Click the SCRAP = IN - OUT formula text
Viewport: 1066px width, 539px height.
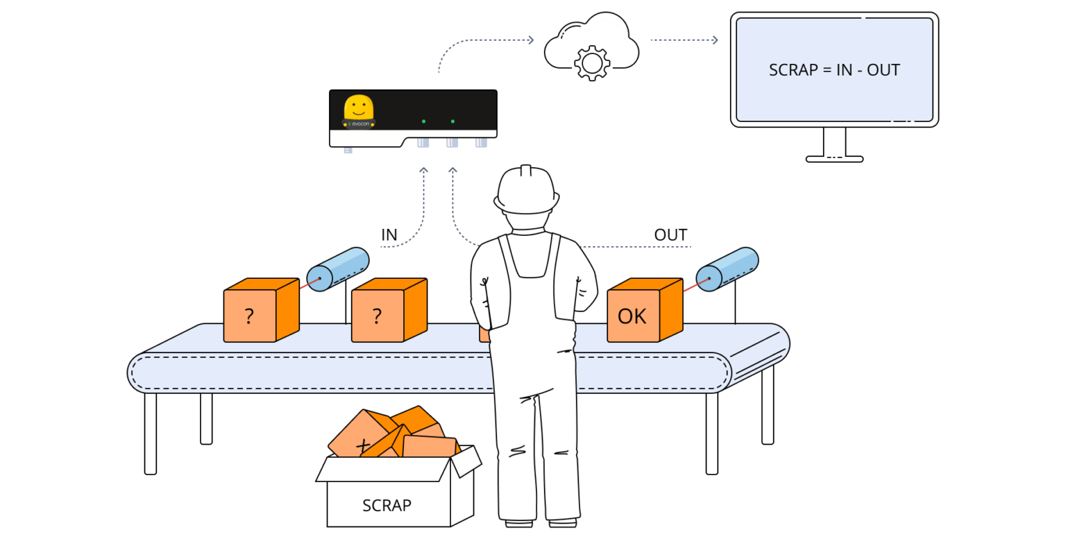click(x=834, y=70)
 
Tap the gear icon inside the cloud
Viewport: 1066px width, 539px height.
click(x=592, y=63)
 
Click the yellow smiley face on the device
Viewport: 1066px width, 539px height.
click(x=359, y=108)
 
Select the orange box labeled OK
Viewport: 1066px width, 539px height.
click(x=633, y=316)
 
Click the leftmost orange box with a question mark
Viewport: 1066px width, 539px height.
click(x=250, y=316)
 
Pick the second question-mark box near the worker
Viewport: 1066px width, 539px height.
click(x=378, y=316)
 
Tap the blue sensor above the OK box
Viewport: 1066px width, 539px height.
click(x=728, y=268)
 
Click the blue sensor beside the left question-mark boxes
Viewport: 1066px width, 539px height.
click(x=338, y=268)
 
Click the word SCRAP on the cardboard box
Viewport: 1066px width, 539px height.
click(x=387, y=505)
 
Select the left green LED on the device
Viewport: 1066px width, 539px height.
click(x=423, y=121)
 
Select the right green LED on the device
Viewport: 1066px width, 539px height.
click(x=452, y=121)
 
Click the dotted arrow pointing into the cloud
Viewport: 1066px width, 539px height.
click(x=530, y=40)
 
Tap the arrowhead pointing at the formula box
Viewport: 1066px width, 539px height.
click(x=715, y=40)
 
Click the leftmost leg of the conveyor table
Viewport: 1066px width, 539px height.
click(x=151, y=434)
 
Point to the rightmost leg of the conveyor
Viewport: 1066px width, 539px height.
click(x=767, y=406)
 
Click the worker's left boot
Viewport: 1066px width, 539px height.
click(x=521, y=521)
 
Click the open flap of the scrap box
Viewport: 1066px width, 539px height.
click(x=466, y=461)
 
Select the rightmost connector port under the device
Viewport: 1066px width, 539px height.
click(x=481, y=143)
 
